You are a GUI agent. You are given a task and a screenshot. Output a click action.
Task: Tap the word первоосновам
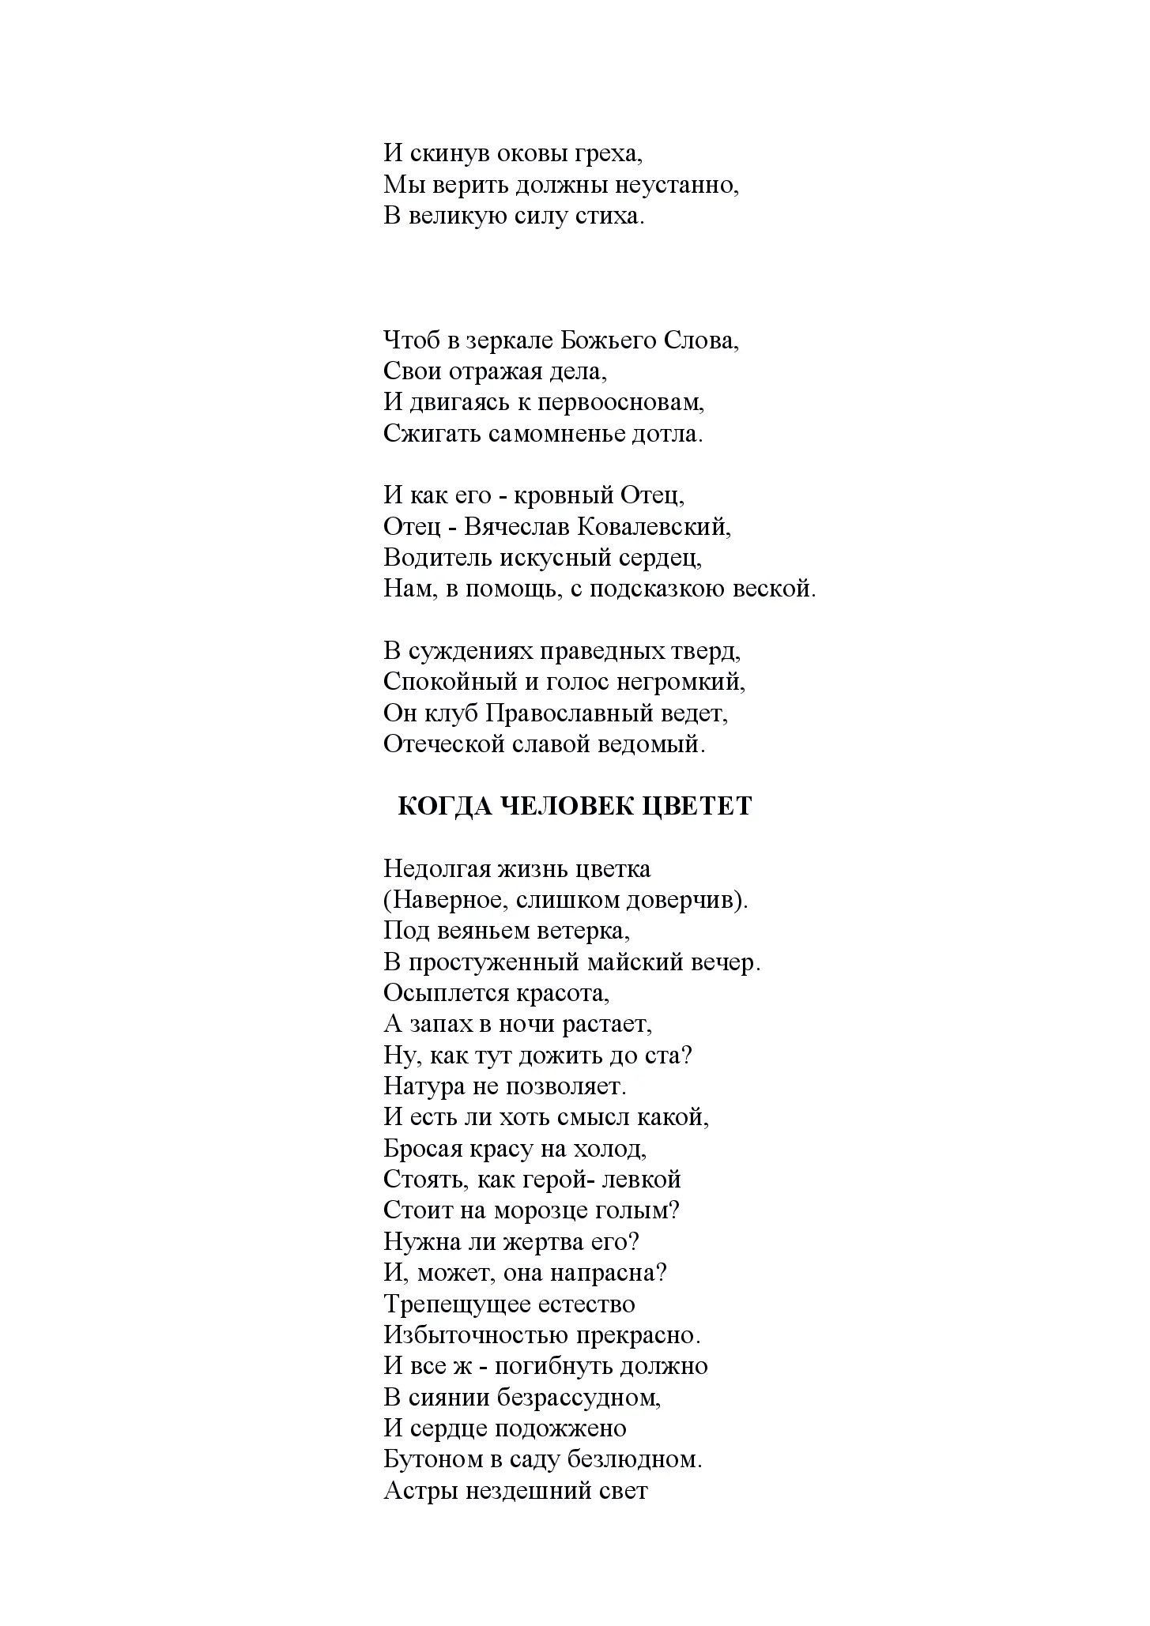pyautogui.click(x=620, y=402)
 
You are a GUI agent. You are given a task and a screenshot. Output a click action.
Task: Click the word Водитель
pyautogui.click(x=438, y=558)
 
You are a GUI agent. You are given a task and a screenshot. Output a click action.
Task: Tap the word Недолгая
pyautogui.click(x=438, y=869)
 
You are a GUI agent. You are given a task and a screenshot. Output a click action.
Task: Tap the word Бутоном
pyautogui.click(x=433, y=1460)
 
